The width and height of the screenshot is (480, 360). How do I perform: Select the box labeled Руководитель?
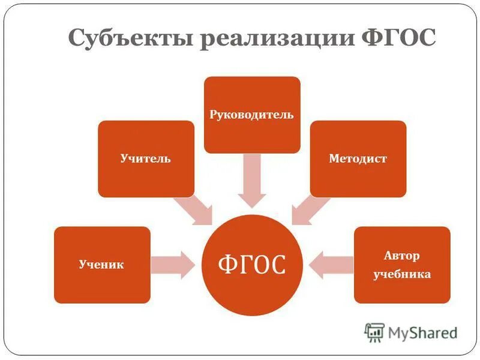252,114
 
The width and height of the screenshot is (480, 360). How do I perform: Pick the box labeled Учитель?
146,158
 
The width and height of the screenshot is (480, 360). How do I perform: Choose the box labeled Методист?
358,158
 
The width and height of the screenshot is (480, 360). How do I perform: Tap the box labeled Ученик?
102,265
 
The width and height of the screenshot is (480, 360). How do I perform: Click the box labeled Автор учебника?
402,265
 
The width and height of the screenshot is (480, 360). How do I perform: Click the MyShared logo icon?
374,332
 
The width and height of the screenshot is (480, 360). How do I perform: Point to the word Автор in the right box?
402,256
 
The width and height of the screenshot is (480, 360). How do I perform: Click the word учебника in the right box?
402,274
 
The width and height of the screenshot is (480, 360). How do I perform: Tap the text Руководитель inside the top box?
252,114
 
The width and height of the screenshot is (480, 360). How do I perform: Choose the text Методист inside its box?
358,159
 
